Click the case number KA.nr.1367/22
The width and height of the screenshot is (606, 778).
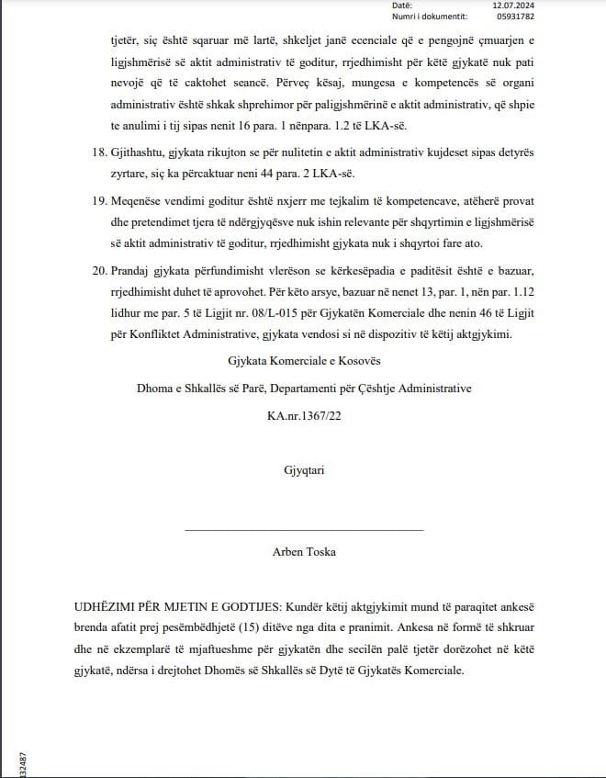tap(304, 417)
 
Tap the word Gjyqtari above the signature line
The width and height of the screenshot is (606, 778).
tap(304, 471)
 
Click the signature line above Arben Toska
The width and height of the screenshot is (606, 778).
tap(304, 530)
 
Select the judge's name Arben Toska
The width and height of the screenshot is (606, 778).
tap(304, 552)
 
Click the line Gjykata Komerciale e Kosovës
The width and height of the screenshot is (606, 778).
tap(304, 359)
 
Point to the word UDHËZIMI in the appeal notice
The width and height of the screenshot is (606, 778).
tap(108, 608)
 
